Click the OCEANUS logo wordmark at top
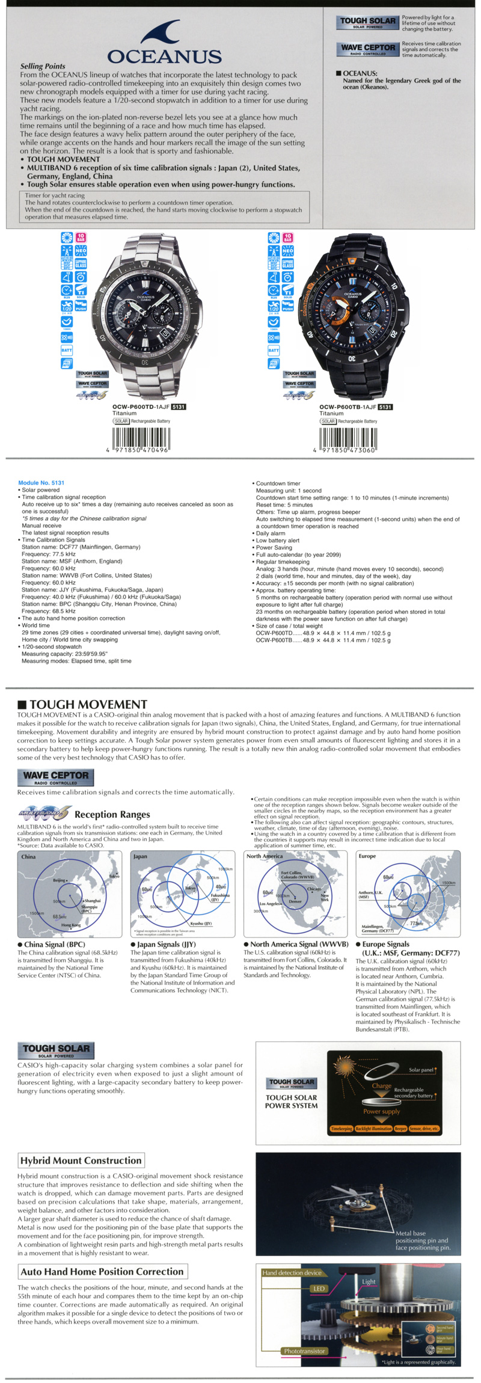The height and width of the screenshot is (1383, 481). pos(164,57)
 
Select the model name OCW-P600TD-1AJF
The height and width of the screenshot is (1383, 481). pos(141,407)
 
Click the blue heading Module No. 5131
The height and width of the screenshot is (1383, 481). pos(41,483)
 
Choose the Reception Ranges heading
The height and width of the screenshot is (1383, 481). pos(112,814)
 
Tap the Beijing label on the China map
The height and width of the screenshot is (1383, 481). pos(59,880)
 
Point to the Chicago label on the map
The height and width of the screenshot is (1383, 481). pos(314,888)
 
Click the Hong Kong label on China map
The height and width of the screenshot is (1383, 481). pos(70,925)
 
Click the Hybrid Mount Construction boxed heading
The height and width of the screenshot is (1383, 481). pos(81,1161)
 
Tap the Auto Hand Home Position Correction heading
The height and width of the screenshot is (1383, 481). pos(102,1271)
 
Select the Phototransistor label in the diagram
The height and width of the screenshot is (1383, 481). pos(304,1351)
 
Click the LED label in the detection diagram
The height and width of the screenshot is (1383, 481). pos(319,1289)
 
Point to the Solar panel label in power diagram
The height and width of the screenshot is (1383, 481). pos(421,1070)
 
